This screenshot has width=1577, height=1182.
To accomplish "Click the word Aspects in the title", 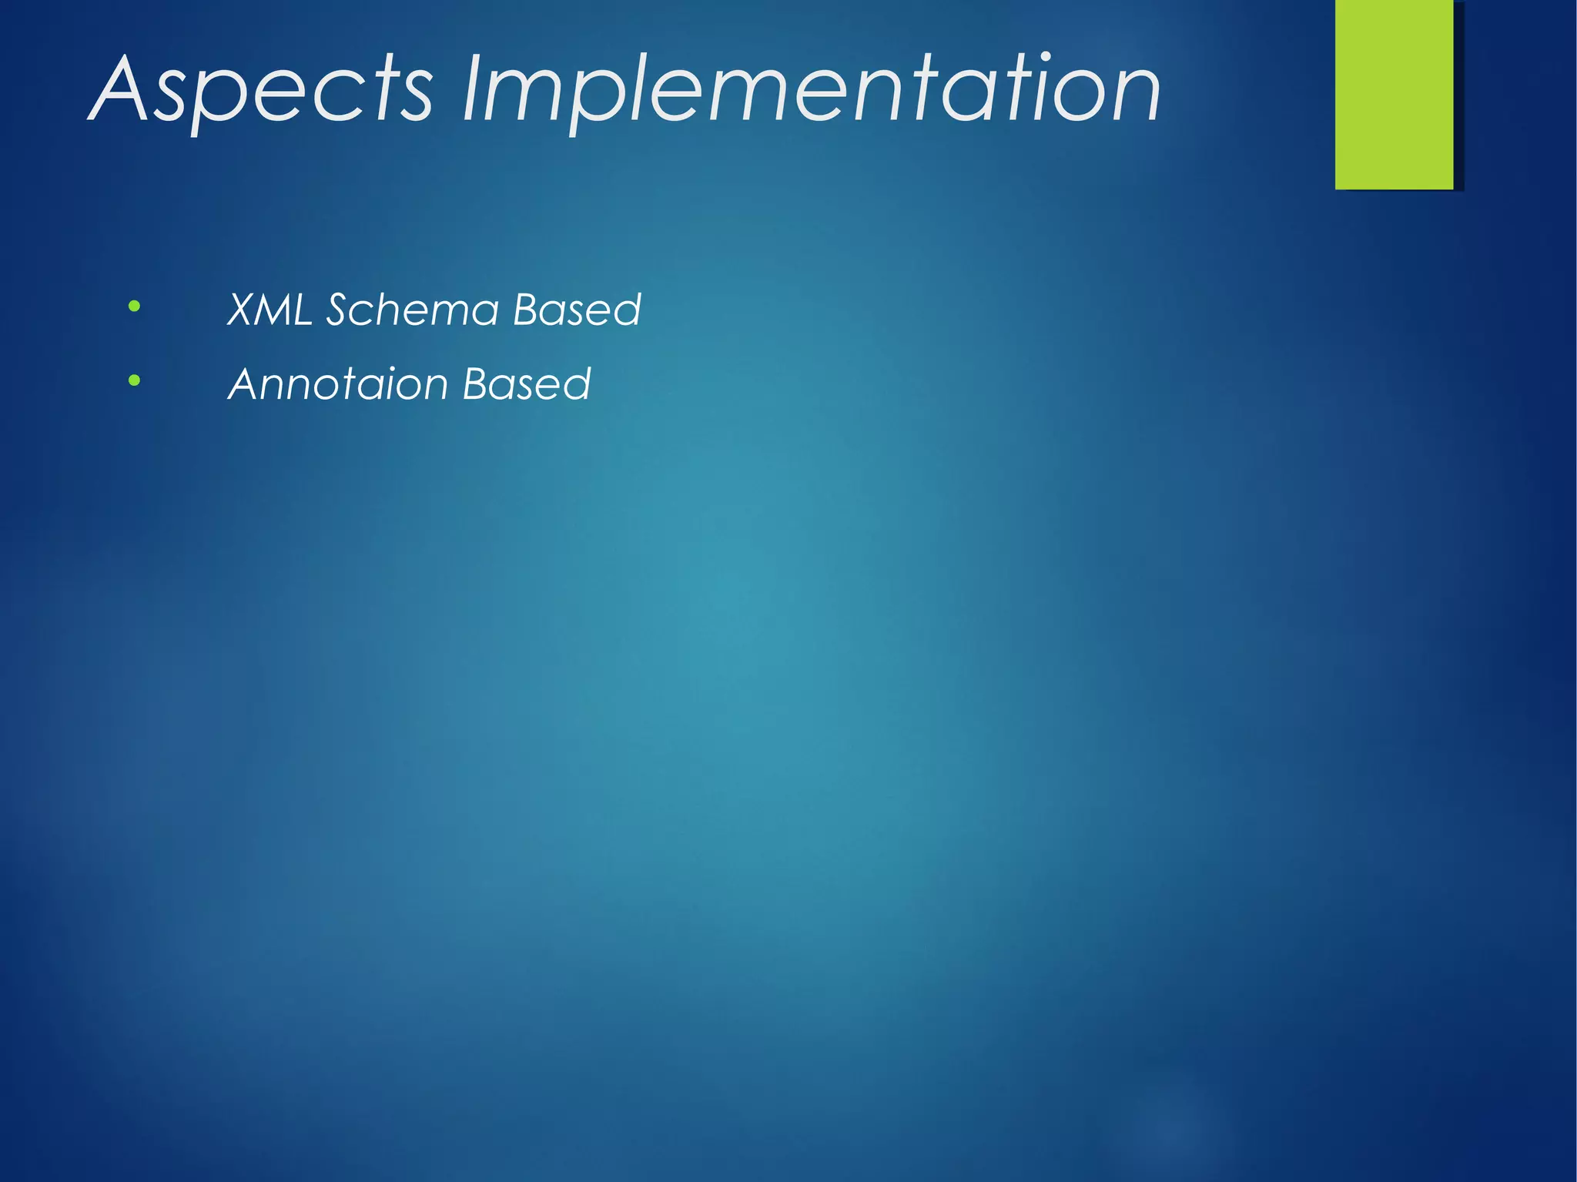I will pos(262,91).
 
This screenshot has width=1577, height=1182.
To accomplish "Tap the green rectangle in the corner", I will pos(1394,94).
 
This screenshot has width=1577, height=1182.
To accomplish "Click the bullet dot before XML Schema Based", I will pos(135,306).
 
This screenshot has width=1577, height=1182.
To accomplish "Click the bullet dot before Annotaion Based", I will pos(135,380).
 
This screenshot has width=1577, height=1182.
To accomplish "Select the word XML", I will pos(270,310).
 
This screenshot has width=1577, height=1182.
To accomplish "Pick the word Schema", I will pos(413,310).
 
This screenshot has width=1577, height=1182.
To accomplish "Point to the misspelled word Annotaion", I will pos(339,383).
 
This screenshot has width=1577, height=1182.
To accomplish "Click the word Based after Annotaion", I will pos(527,383).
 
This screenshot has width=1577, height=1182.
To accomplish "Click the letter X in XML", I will pos(245,310).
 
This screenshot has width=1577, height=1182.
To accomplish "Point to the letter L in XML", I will pos(303,310).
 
